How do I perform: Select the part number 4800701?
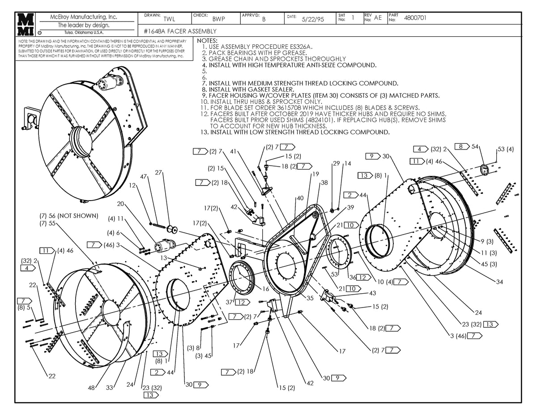point(415,18)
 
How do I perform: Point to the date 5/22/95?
point(313,19)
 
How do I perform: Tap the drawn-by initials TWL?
point(170,19)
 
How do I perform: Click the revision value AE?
point(378,18)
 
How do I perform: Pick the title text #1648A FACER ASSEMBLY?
point(181,31)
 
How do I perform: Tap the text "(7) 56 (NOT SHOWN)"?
point(68,216)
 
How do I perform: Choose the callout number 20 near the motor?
point(120,204)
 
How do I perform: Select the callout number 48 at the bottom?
point(91,388)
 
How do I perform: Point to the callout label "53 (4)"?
point(506,149)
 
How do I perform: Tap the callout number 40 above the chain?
point(300,198)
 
